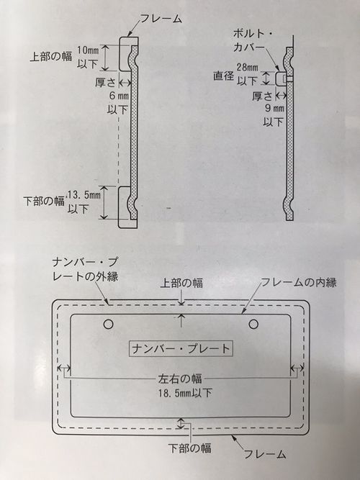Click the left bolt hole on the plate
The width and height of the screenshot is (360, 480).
109,324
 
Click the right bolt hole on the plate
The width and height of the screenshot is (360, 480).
253,324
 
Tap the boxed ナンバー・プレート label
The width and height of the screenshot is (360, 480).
181,348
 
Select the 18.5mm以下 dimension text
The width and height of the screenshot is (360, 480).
185,393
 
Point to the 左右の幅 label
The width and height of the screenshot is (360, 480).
180,379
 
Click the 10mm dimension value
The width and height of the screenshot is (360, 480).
88,50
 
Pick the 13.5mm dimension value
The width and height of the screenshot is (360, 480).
83,195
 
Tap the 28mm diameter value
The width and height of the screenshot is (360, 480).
248,68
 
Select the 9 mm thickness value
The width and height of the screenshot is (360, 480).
274,109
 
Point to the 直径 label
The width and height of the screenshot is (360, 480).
224,76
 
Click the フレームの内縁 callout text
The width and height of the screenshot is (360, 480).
298,283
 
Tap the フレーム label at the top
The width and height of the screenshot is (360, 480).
161,19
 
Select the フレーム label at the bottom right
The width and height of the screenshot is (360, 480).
265,453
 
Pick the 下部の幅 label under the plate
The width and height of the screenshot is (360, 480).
189,448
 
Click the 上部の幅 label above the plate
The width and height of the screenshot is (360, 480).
181,283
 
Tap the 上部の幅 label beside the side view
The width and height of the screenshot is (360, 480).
51,57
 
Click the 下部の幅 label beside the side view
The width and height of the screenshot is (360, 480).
44,201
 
